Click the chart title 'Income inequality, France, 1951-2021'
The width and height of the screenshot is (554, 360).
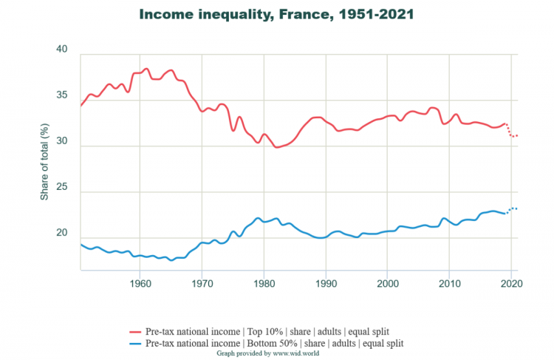pyautogui.click(x=277, y=14)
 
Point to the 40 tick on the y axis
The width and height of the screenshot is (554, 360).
pyautogui.click(x=61, y=50)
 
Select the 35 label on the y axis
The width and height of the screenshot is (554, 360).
pyautogui.click(x=61, y=96)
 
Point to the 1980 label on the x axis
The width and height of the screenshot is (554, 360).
pyautogui.click(x=264, y=282)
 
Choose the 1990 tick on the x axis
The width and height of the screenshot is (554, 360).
pyautogui.click(x=326, y=282)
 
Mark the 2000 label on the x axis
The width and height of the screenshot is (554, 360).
pyautogui.click(x=387, y=282)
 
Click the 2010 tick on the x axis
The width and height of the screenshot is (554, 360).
pyautogui.click(x=448, y=282)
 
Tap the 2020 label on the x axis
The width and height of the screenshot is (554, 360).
pyautogui.click(x=510, y=282)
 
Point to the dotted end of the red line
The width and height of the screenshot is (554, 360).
pyautogui.click(x=512, y=134)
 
